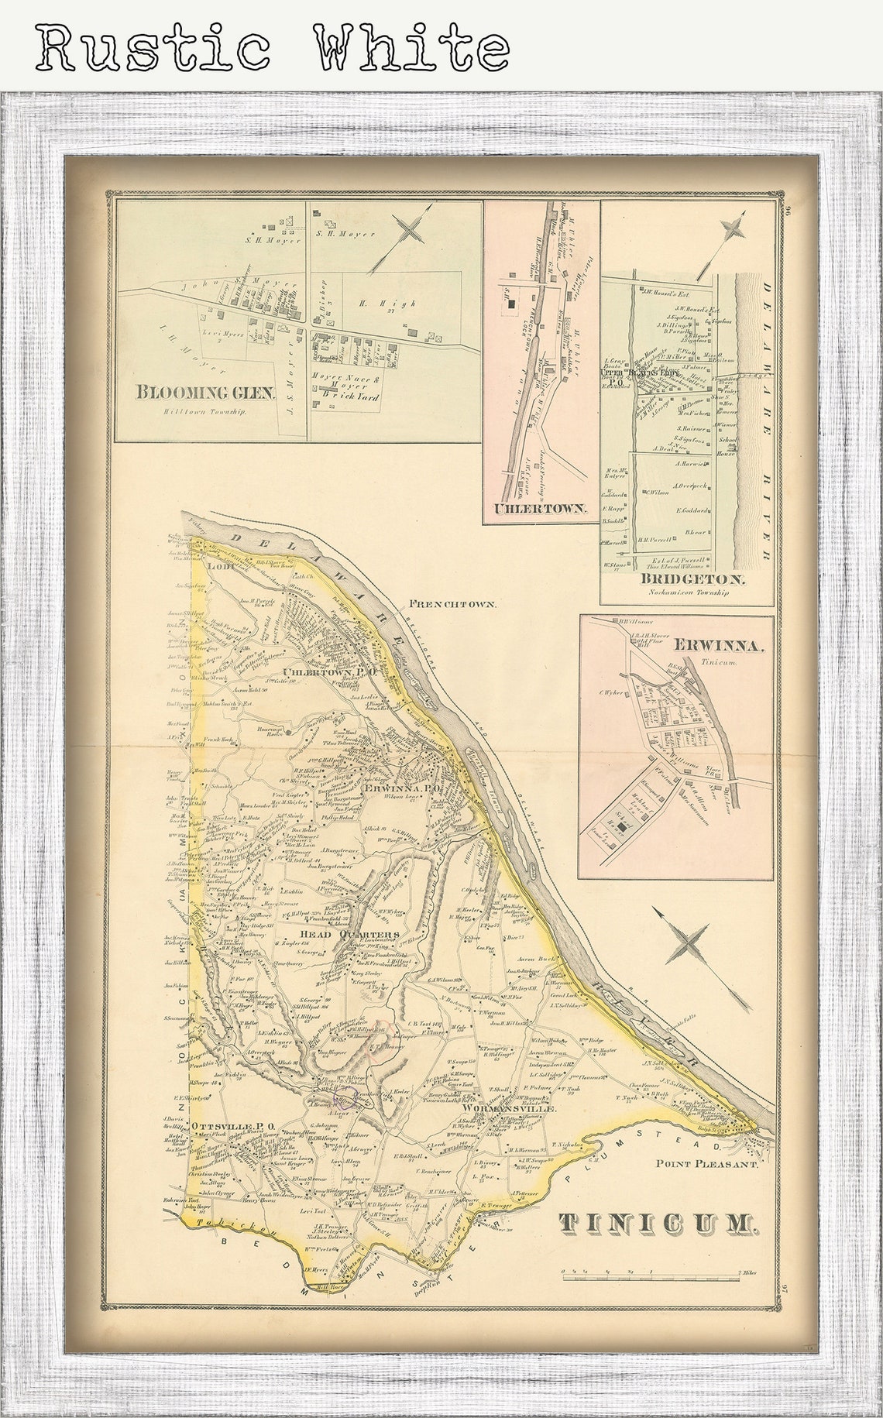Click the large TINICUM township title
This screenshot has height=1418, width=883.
[656, 1223]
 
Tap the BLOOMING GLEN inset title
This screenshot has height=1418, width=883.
[205, 392]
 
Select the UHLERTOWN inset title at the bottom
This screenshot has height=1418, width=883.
[541, 510]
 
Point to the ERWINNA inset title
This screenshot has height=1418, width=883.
[720, 645]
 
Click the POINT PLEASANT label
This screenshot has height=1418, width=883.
[712, 1162]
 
